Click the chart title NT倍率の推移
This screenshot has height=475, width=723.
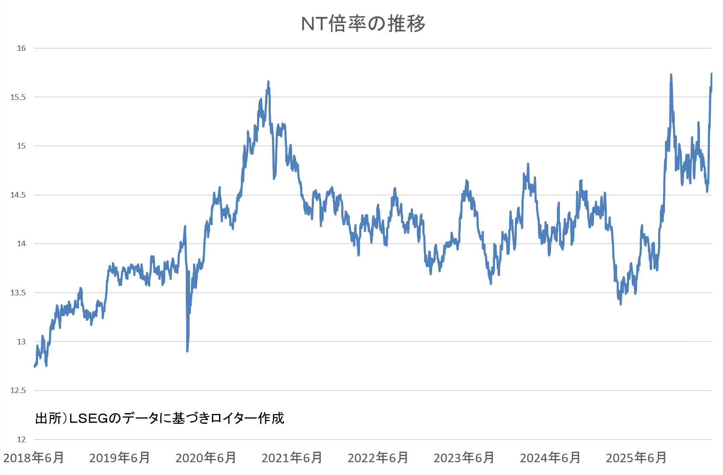363,24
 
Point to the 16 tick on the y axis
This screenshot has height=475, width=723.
21,48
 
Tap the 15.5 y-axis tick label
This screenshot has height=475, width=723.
18,97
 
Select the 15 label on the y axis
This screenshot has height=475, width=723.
21,146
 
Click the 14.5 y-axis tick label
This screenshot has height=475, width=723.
18,195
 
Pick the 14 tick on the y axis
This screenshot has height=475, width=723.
21,244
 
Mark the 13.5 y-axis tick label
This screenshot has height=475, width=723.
18,293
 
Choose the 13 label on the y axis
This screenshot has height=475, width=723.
21,341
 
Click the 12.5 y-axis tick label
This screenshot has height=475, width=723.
18,390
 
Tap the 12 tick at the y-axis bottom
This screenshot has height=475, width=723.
21,440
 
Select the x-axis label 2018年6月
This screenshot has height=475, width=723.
34,458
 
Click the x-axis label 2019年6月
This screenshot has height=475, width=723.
120,458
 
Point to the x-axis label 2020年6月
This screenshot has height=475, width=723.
206,458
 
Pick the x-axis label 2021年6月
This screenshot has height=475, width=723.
292,458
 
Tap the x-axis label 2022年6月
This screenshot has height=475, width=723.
378,458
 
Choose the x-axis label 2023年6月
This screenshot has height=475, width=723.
464,458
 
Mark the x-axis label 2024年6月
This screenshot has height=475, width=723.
550,458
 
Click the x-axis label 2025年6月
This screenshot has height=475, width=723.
636,458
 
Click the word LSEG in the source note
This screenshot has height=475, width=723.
89,418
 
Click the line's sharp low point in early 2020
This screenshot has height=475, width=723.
187,351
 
